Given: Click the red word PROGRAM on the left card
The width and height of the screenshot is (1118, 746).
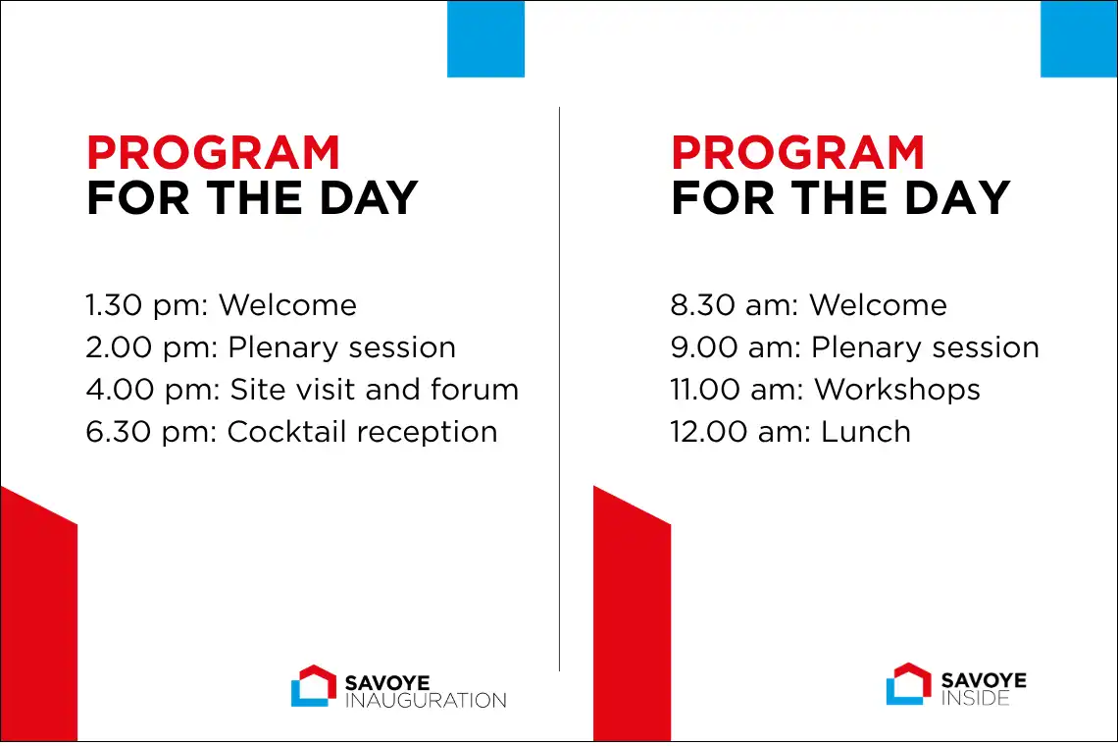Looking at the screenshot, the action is [x=213, y=152].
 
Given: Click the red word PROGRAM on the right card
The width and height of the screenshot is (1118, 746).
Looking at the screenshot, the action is [x=798, y=152].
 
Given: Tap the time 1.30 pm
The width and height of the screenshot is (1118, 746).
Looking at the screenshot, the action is [x=146, y=305].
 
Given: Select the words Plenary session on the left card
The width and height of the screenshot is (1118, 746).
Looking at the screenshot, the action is [x=341, y=347].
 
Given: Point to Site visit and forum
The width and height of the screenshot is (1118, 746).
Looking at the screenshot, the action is [x=375, y=390].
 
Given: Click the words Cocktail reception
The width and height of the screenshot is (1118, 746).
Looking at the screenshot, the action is [x=362, y=432].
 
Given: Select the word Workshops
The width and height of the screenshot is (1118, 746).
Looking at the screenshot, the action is [x=897, y=390].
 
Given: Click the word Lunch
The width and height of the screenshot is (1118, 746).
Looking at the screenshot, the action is [x=866, y=432].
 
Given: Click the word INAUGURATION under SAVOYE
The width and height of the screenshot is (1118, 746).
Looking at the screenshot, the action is [x=426, y=700].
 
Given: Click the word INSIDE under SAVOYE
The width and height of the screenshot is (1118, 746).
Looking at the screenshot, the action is [x=976, y=698].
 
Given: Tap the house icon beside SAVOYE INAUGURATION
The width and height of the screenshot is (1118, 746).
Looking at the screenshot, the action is [x=314, y=686].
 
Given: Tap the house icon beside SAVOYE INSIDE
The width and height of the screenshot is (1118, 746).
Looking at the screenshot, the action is [x=908, y=684].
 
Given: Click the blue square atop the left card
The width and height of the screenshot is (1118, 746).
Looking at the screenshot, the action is [x=485, y=38].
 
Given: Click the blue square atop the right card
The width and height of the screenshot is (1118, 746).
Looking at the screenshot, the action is [x=1079, y=38].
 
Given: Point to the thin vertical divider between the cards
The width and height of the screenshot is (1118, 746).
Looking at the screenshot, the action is [x=560, y=389].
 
